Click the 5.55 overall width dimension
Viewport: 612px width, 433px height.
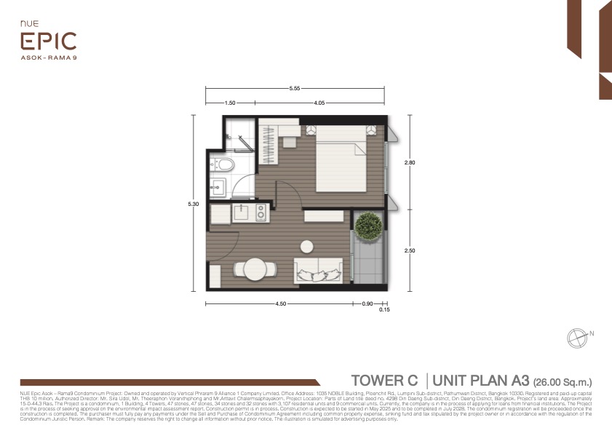(295, 88)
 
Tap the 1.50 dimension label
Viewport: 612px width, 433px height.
(230, 103)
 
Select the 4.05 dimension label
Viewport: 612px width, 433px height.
(319, 103)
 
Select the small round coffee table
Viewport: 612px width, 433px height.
(307, 245)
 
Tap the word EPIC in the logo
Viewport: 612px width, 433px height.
(48, 41)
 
